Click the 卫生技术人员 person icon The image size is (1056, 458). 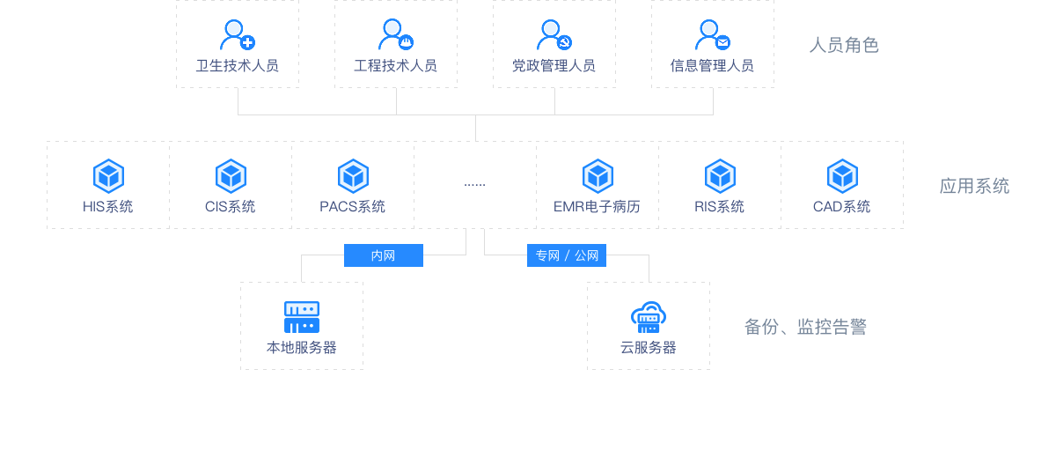point(236,35)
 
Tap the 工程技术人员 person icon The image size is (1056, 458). point(395,35)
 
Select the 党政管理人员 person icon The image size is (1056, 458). point(554,35)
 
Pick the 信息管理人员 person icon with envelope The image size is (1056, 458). point(712,35)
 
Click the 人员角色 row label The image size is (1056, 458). point(844,44)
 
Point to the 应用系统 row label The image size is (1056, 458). point(974,185)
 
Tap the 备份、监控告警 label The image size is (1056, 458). point(805,327)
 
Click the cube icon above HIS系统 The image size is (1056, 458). point(108,176)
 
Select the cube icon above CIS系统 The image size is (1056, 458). point(231,176)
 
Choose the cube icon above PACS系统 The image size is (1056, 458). point(353,176)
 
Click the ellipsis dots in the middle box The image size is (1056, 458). point(474,184)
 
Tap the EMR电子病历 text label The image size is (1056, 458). point(597,207)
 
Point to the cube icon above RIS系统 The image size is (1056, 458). point(720,176)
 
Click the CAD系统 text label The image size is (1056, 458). point(841,207)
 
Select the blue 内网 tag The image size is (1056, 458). point(383,255)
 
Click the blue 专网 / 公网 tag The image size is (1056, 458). point(567,255)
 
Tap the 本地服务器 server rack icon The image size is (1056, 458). point(302,317)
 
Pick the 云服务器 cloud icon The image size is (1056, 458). point(649,317)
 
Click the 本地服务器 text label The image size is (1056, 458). point(302,347)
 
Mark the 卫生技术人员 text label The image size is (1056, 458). point(238,65)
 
